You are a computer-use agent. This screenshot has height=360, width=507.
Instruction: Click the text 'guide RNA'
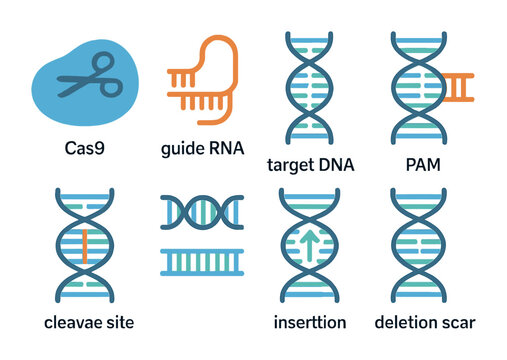pyautogui.click(x=201, y=151)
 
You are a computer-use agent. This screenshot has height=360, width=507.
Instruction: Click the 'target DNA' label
pyautogui.click(x=311, y=163)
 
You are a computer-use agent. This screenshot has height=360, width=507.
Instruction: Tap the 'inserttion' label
pyautogui.click(x=311, y=322)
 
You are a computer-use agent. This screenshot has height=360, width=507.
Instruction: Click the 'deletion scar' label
pyautogui.click(x=424, y=322)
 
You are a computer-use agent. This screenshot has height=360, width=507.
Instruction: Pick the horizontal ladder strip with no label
pyautogui.click(x=202, y=262)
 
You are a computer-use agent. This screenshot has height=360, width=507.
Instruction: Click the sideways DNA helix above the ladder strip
pyautogui.click(x=202, y=212)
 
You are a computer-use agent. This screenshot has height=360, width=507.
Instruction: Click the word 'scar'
pyautogui.click(x=457, y=322)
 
